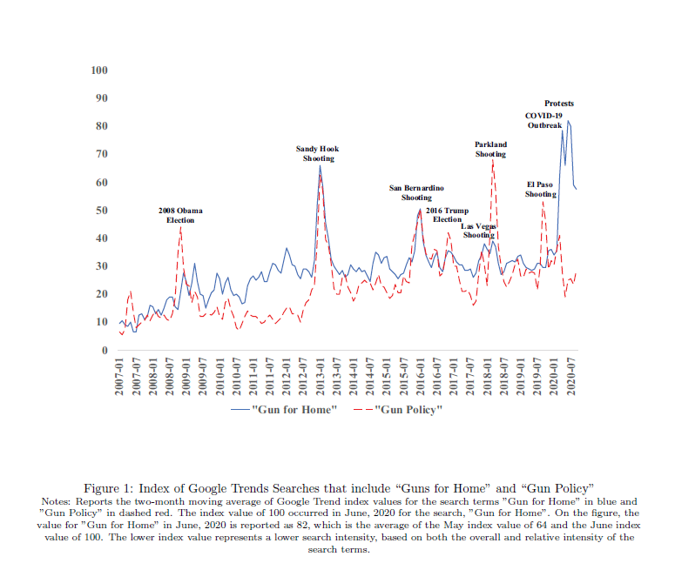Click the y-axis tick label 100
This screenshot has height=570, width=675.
coord(99,70)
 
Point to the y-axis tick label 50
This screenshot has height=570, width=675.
coord(101,211)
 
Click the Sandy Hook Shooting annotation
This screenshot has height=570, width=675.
coord(318,154)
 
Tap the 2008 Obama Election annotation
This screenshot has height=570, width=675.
coord(180,216)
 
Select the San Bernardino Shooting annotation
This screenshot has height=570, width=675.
coord(416,192)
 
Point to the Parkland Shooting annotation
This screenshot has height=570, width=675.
coord(490,149)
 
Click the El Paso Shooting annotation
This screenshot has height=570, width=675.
coord(540,189)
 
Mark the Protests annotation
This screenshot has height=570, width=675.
coord(559,104)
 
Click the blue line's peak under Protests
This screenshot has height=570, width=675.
coord(568,121)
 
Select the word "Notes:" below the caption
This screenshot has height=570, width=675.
coord(57,502)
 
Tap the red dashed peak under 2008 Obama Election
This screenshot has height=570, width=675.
coord(180,229)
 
